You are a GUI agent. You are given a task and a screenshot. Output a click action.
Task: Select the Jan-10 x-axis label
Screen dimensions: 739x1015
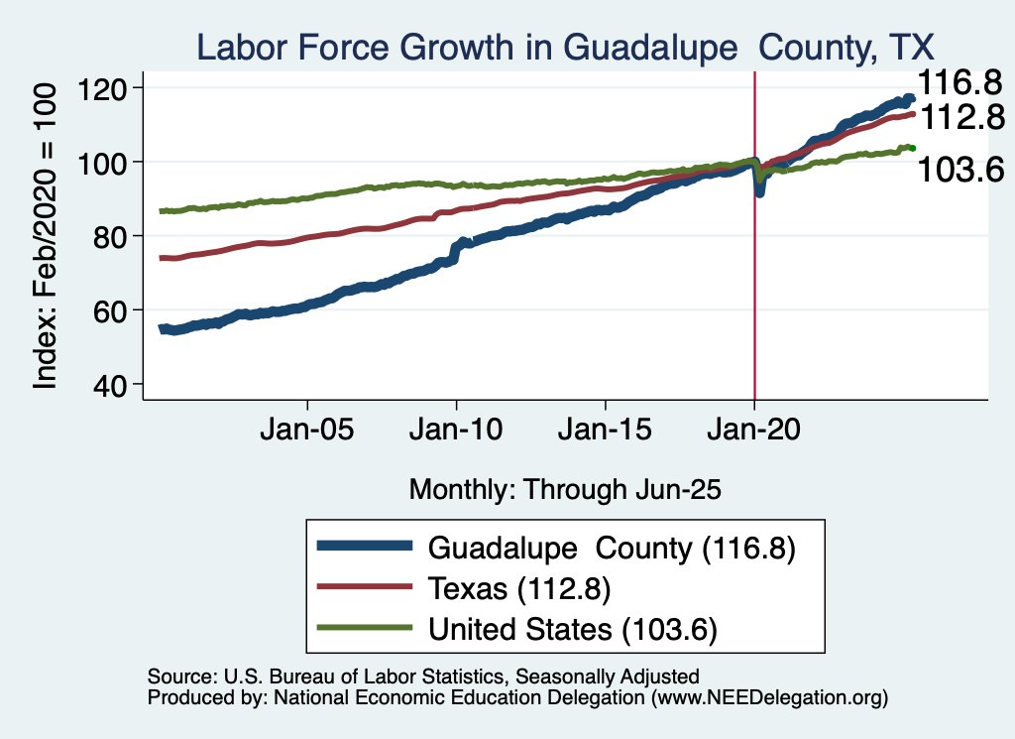(x=456, y=432)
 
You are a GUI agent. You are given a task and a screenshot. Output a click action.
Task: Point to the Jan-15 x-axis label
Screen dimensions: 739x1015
(x=606, y=432)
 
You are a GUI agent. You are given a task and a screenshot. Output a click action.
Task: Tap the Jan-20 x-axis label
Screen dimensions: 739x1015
(x=754, y=432)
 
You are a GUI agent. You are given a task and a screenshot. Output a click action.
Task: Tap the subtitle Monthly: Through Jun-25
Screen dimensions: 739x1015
(x=564, y=489)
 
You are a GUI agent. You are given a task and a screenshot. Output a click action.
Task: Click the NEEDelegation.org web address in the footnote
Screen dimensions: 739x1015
(x=765, y=698)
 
